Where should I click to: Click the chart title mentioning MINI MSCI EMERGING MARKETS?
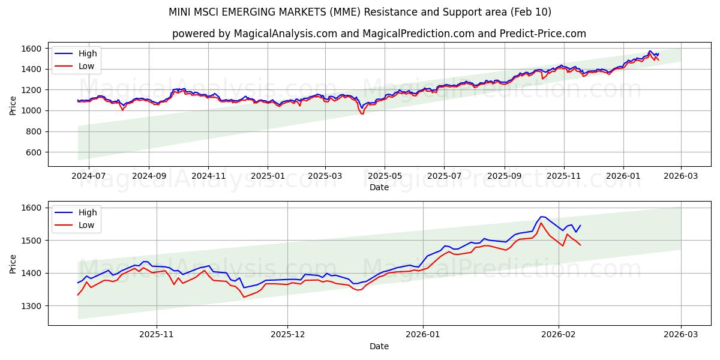click(x=360, y=12)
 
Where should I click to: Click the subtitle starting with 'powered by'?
click(x=379, y=34)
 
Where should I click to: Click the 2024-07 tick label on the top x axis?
click(x=89, y=176)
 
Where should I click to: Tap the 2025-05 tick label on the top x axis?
click(x=385, y=176)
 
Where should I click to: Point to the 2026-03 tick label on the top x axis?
click(x=681, y=176)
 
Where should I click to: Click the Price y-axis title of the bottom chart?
click(x=13, y=263)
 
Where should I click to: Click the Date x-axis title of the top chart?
click(x=379, y=187)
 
